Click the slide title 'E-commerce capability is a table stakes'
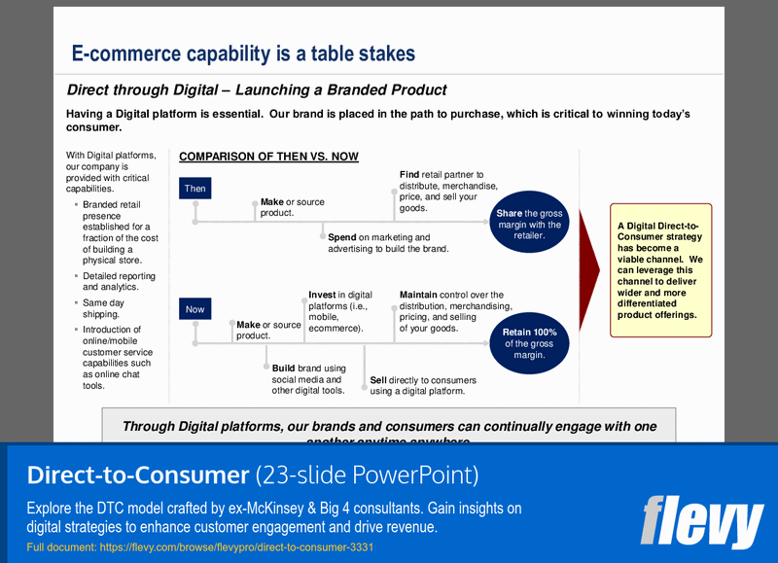click(243, 53)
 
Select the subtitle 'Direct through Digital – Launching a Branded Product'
click(257, 90)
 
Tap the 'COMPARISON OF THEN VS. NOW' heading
click(268, 157)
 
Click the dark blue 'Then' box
click(195, 188)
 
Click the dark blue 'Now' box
click(195, 309)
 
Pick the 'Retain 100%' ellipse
click(530, 343)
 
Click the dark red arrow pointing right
click(589, 269)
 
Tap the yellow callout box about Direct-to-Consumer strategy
click(660, 270)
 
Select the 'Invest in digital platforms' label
click(340, 311)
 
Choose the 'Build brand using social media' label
click(309, 379)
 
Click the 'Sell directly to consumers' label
click(423, 386)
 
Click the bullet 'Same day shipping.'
click(103, 308)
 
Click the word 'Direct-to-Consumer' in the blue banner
click(137, 475)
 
